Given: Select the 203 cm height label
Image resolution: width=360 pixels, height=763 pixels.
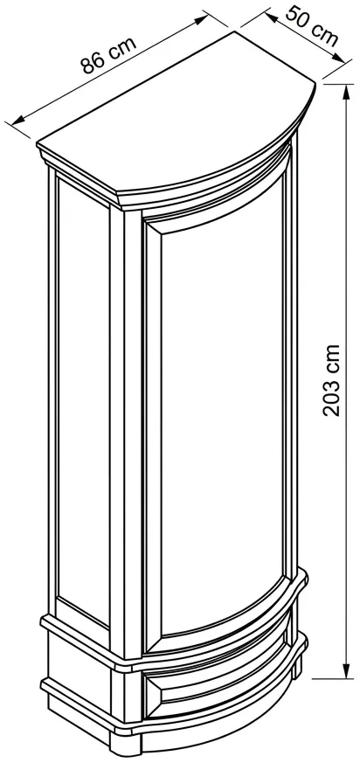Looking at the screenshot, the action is pos(332,380).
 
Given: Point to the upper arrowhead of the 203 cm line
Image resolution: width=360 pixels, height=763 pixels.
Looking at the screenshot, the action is pos(346,92).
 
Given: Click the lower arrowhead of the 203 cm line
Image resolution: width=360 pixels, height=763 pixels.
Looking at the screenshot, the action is pos(346,670).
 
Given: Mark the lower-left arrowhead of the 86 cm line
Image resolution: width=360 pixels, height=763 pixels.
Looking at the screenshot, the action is pos(18,119).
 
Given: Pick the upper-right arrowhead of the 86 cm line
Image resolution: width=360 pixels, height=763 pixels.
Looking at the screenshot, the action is pos(202,19).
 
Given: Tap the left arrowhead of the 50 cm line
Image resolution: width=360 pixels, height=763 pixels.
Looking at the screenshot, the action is pos(272,17).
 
